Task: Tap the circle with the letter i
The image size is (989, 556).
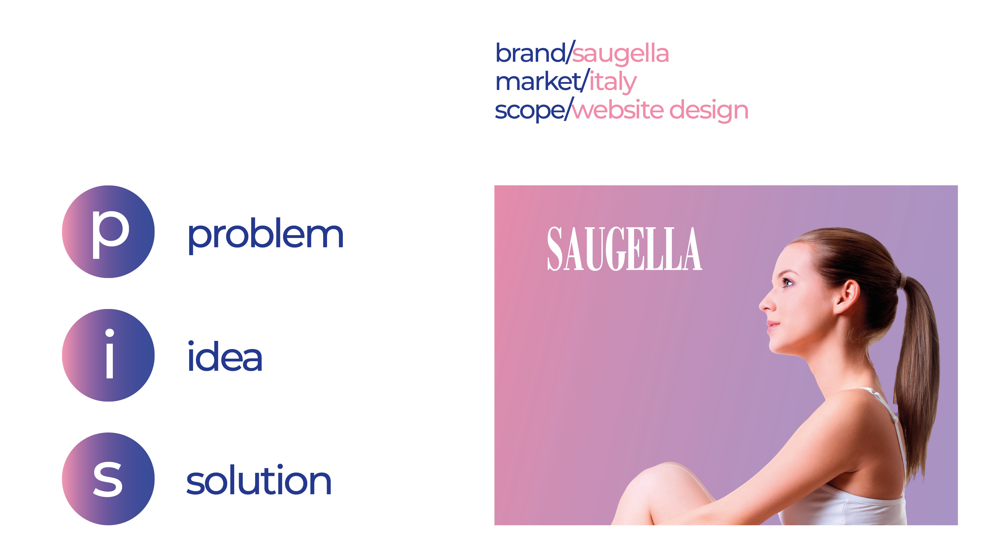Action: coord(108,355)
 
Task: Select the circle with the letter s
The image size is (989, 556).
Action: coord(108,479)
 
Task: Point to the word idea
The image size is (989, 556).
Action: coord(225,357)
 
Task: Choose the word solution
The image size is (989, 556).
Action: coord(259,480)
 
